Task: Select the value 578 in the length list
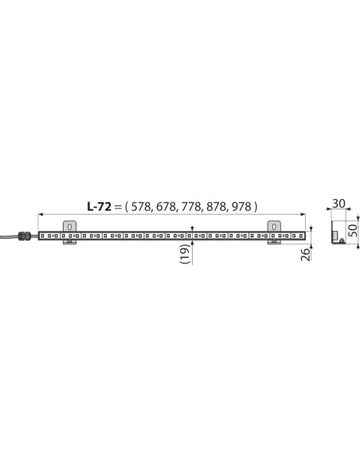141,207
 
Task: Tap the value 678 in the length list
166,207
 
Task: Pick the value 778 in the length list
192,207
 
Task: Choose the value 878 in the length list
217,207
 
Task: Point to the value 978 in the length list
242,207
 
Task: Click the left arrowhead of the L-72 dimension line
41,214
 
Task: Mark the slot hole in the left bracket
68,226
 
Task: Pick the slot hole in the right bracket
276,226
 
